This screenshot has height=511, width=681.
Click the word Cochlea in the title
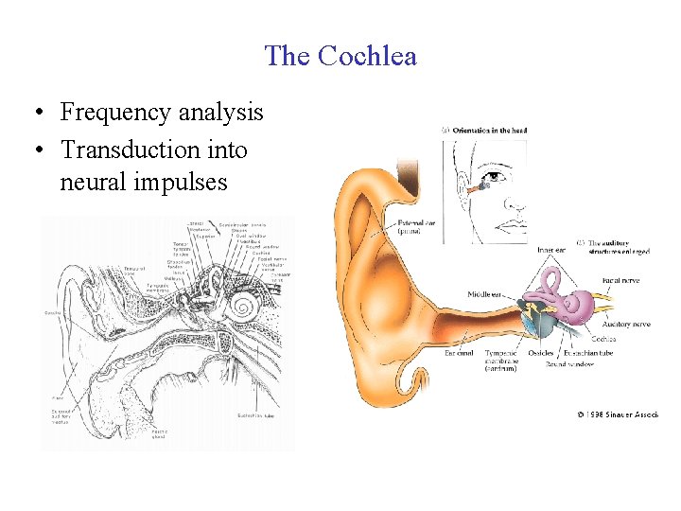point(367,56)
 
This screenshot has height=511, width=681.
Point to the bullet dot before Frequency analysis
point(34,114)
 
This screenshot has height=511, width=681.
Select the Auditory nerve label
point(626,325)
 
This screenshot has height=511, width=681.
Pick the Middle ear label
point(485,294)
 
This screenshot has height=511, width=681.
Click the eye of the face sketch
point(491,176)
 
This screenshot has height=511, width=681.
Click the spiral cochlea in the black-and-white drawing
point(243,308)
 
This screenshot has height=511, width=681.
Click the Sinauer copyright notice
point(618,414)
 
